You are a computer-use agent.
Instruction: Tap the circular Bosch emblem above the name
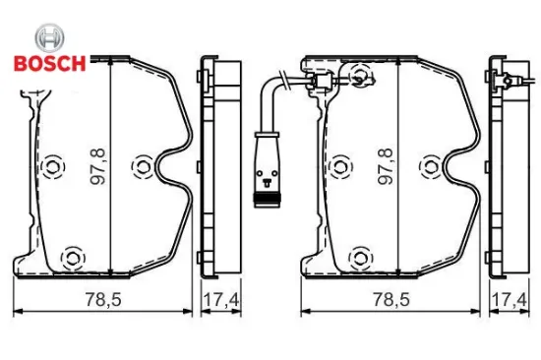(x=49, y=38)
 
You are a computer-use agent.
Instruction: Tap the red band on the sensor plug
(x=265, y=202)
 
